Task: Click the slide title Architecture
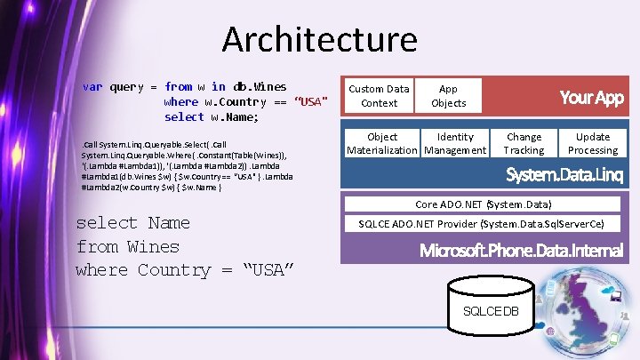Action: tap(319, 40)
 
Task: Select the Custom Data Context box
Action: tap(379, 96)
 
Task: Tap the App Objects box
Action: tap(448, 96)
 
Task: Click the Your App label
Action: tap(591, 98)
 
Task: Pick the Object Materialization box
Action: tap(382, 144)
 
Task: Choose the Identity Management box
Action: tap(455, 144)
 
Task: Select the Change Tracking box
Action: tap(524, 144)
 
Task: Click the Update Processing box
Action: tap(593, 144)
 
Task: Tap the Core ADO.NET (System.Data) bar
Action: tap(484, 204)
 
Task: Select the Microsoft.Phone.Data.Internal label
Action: tap(522, 251)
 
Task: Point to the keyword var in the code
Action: tap(92, 87)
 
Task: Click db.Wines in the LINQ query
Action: tap(260, 87)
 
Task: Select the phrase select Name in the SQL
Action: tap(132, 223)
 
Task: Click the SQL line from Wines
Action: tap(128, 246)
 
